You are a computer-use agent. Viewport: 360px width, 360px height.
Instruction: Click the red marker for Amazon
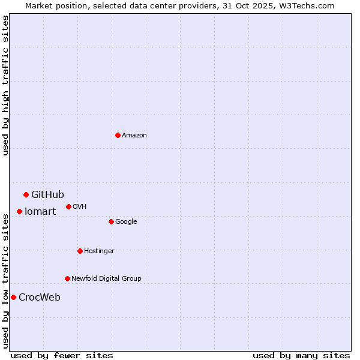(118, 135)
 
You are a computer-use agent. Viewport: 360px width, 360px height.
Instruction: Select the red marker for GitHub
(26, 194)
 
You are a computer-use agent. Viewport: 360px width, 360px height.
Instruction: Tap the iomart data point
(19, 211)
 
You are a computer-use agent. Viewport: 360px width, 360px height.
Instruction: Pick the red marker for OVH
(68, 206)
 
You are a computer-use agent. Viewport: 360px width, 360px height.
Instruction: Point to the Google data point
(111, 221)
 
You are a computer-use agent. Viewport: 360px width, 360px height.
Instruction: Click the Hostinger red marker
(80, 251)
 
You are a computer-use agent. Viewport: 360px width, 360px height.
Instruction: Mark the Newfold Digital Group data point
(67, 278)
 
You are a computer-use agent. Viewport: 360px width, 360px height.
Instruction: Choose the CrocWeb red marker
(13, 297)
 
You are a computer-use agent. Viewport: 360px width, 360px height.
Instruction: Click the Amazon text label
(134, 136)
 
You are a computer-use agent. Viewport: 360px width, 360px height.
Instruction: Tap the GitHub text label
(47, 194)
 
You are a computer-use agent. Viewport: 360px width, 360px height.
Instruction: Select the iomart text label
(40, 211)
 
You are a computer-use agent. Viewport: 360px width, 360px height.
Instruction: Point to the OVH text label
(80, 207)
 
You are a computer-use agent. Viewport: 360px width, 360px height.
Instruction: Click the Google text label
(126, 222)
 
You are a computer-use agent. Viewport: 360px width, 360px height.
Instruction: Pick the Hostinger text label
(99, 251)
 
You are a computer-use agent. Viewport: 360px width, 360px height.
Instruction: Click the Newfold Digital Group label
(106, 278)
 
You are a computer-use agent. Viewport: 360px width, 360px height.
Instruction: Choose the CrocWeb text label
(40, 298)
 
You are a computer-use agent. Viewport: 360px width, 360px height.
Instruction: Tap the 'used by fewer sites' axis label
(62, 355)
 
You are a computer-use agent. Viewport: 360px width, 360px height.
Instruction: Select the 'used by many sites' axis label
(301, 355)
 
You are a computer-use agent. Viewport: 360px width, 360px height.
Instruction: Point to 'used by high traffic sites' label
(5, 85)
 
